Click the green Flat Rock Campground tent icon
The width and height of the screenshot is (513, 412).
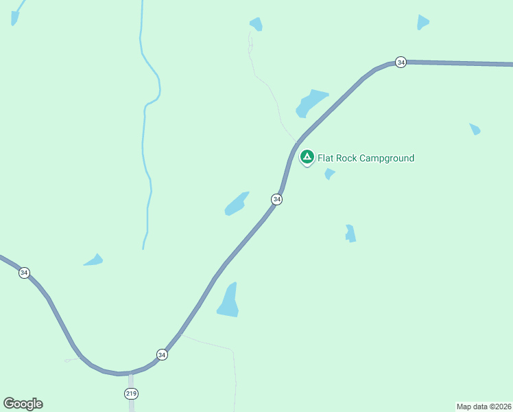pos(307,157)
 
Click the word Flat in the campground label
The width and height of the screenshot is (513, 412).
pos(326,159)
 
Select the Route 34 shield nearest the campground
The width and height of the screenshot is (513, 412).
pos(276,199)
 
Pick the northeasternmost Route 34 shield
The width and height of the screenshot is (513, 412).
pos(401,62)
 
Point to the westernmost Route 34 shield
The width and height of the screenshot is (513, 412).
pos(25,273)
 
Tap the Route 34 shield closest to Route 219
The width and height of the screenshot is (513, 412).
pos(162,354)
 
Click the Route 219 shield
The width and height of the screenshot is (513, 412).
pos(131,393)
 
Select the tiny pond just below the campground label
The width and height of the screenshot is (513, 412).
pos(329,174)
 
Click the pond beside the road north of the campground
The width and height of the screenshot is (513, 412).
pos(311,103)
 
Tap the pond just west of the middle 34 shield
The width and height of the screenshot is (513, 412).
pos(236,204)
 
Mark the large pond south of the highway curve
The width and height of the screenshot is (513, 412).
pos(228,302)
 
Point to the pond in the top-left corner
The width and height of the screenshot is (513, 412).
pos(14,18)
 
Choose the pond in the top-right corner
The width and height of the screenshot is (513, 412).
pos(422,23)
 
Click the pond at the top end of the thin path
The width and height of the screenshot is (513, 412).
pos(256,24)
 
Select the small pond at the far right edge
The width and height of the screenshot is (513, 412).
pos(475,129)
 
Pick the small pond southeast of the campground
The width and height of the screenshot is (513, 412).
pos(350,233)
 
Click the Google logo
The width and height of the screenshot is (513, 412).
pos(23,404)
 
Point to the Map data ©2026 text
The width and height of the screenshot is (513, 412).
pos(484,406)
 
